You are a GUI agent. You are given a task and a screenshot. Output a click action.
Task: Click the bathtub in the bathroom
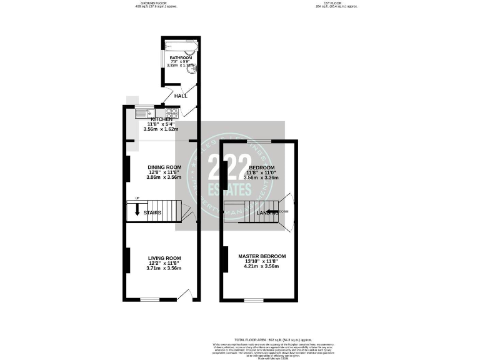pyautogui.click(x=181, y=47)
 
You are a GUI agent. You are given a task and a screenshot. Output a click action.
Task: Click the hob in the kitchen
pyautogui.click(x=172, y=113)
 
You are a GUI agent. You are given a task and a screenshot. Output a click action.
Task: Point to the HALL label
pyautogui.click(x=181, y=96)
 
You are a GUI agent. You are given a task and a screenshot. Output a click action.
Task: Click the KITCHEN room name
pyautogui.click(x=153, y=119)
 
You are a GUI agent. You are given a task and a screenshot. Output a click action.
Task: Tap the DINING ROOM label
pyautogui.click(x=164, y=167)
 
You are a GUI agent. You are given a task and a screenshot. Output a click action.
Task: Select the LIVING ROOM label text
pyautogui.click(x=164, y=258)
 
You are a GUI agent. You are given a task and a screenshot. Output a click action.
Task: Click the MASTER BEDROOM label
pyautogui.click(x=262, y=256)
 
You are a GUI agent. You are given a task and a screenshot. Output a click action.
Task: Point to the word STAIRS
pyautogui.click(x=152, y=212)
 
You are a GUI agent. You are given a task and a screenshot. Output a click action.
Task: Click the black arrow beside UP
pyautogui.click(x=137, y=210)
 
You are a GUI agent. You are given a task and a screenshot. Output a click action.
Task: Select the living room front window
pyautogui.click(x=149, y=299)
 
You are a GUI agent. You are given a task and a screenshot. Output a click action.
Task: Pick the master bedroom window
pyautogui.click(x=253, y=300)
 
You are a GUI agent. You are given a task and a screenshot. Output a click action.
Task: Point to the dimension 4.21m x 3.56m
pyautogui.click(x=262, y=267)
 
